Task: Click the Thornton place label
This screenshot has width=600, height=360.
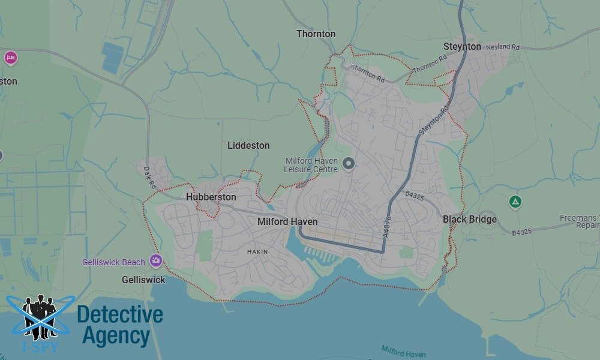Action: pos(316,34)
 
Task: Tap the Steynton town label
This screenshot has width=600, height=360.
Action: pos(462,47)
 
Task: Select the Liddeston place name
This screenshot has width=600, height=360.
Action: pos(248,146)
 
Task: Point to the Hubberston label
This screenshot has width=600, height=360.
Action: pos(211,197)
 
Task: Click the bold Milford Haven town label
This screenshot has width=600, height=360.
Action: pos(287,222)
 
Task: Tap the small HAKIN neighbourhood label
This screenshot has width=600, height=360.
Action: pos(257,252)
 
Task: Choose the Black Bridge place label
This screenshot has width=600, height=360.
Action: pos(470,220)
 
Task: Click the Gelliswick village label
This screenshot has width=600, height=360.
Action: pos(143,280)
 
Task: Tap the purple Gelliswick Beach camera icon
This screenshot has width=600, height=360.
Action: pos(156,260)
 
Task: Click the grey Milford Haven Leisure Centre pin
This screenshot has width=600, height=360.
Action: pos(349,163)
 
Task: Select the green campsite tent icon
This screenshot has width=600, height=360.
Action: pos(514,202)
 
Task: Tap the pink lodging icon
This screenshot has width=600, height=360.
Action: pos(10,58)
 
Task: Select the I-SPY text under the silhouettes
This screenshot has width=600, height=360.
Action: pos(40,346)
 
